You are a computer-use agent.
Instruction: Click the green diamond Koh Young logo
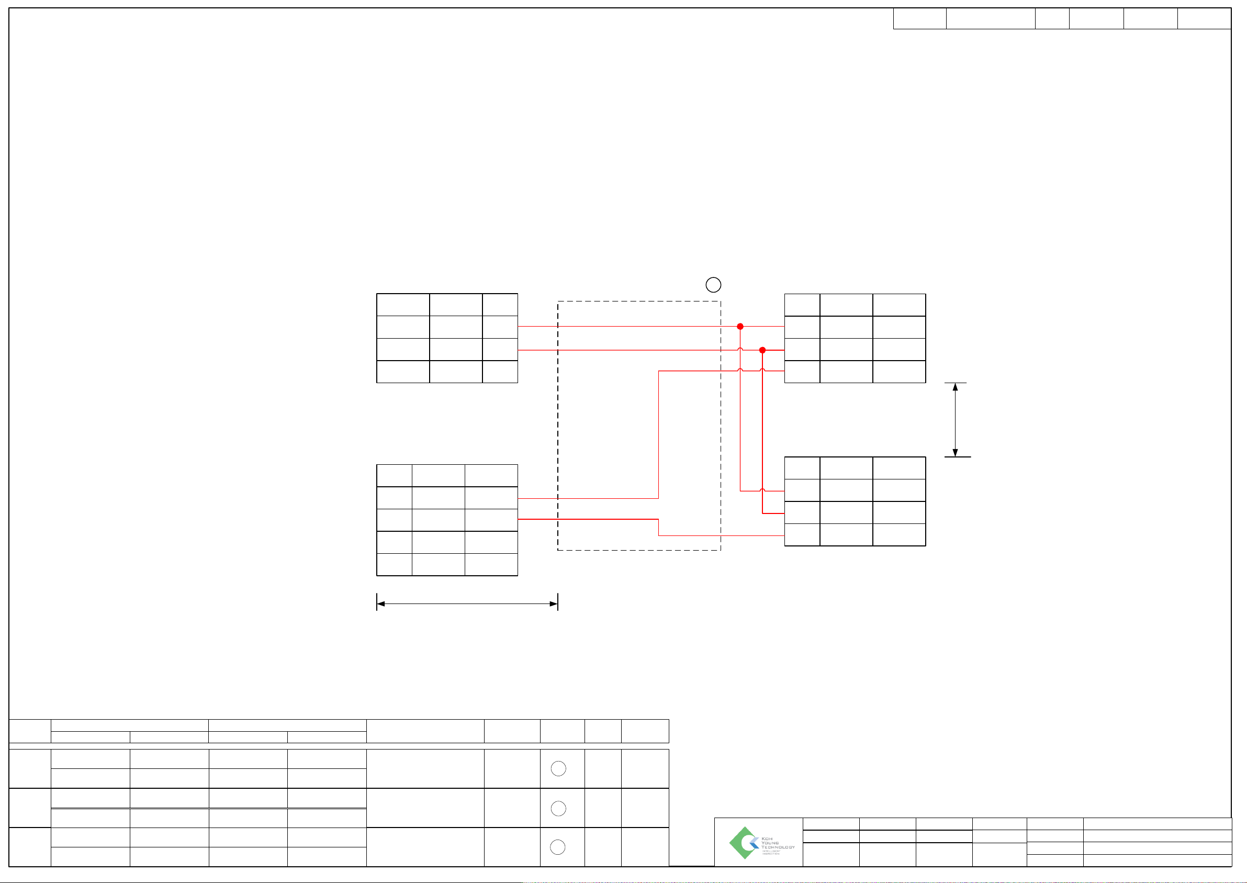743,843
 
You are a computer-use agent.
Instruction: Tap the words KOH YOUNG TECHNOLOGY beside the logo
777,843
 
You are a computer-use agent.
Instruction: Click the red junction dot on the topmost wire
740,326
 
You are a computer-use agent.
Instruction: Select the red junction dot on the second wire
762,350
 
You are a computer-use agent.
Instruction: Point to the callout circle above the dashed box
713,284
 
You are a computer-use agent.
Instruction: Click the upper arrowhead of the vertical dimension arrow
955,387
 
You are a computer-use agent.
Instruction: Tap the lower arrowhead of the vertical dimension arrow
955,453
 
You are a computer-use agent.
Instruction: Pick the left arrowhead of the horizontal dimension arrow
380,603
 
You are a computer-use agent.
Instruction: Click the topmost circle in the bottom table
558,768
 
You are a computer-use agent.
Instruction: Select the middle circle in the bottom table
558,809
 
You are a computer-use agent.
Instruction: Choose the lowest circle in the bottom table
558,847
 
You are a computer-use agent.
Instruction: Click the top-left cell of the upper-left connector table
403,305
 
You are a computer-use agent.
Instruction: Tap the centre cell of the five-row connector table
438,520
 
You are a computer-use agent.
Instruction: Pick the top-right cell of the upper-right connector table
899,305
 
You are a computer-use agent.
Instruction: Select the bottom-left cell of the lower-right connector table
802,534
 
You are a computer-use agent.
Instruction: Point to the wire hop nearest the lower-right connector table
762,490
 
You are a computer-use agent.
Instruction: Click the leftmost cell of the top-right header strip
919,18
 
